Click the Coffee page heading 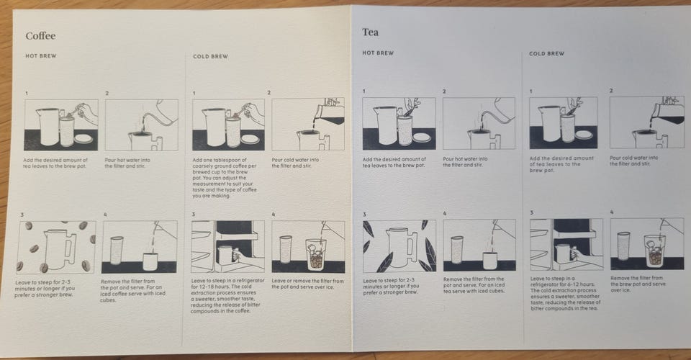(x=40, y=36)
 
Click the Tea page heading (x=370, y=32)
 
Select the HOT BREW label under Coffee (x=41, y=56)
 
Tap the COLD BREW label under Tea (x=546, y=53)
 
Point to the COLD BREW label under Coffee (x=211, y=56)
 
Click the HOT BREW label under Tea (x=378, y=53)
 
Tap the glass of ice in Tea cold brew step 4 (x=654, y=250)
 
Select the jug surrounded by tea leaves (x=401, y=247)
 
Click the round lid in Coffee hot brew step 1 (x=83, y=138)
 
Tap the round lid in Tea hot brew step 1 (x=422, y=137)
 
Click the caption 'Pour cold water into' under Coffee (x=295, y=160)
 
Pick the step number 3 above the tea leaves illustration (x=364, y=215)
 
